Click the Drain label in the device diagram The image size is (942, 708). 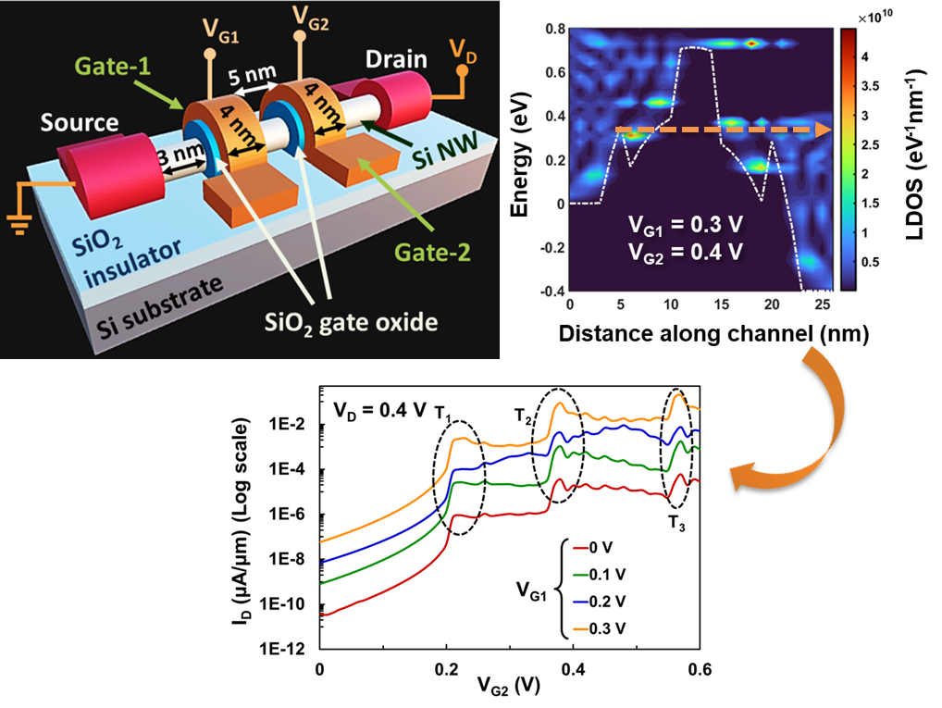point(396,59)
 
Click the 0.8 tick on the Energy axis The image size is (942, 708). point(553,31)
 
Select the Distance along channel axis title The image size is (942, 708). point(713,334)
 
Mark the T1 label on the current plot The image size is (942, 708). point(446,413)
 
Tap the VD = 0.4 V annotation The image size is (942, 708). point(374,408)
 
